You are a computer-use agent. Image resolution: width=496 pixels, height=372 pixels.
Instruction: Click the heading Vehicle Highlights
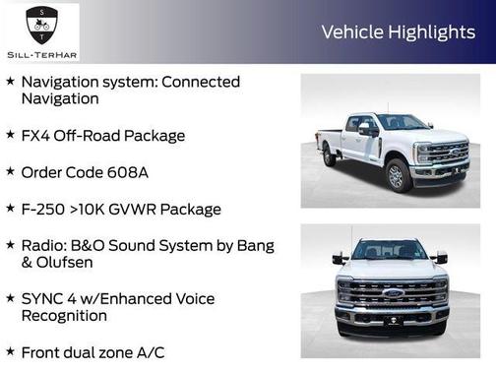click(398, 32)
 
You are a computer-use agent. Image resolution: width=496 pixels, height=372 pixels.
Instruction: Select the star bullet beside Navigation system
click(10, 82)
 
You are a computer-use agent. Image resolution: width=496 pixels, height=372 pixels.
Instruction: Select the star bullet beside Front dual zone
click(10, 350)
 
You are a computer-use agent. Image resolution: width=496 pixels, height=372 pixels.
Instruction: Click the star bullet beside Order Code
click(10, 171)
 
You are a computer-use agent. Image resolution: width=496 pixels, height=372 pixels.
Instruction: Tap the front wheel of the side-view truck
click(397, 176)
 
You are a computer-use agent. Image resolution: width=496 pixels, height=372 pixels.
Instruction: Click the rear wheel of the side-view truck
click(330, 156)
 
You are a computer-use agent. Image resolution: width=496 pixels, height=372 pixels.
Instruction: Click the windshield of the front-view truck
click(390, 252)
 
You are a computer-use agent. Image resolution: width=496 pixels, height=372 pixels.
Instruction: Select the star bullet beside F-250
click(10, 209)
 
